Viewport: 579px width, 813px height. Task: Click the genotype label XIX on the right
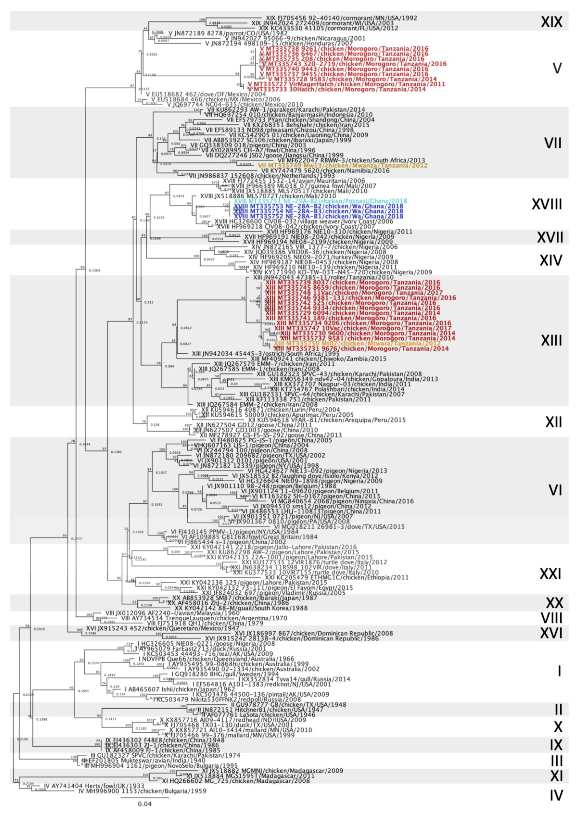click(x=551, y=22)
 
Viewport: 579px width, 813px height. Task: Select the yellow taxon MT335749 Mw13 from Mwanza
click(x=342, y=165)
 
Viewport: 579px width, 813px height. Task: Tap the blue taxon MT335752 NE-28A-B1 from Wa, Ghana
click(x=318, y=216)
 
